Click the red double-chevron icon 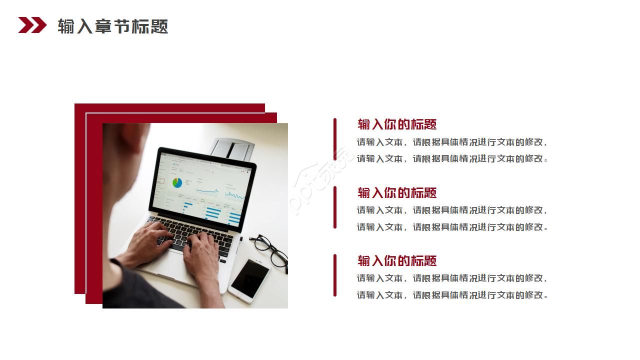[32, 25]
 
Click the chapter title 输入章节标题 [112, 26]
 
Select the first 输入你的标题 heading [397, 124]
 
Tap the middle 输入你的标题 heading [397, 192]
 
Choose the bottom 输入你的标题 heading [397, 260]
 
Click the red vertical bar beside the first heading [335, 139]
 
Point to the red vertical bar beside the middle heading [335, 207]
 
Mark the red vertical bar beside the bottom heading [335, 275]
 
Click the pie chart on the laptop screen [177, 183]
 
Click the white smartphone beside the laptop [249, 280]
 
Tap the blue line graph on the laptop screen [207, 190]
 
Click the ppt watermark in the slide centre [320, 180]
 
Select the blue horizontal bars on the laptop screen [212, 212]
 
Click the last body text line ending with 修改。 [452, 295]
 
